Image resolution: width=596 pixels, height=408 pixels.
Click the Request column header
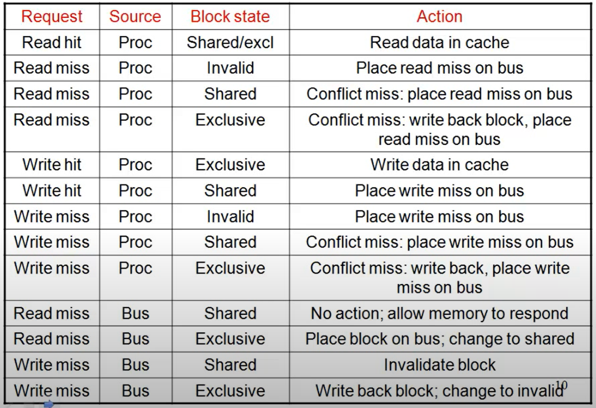coord(52,17)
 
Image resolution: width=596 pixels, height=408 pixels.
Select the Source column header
coord(135,16)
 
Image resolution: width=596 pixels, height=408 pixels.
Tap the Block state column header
coord(230,16)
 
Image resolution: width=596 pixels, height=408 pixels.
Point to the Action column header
coord(439,16)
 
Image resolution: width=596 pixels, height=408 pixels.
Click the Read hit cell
coord(52,43)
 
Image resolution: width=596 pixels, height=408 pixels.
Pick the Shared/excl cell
coord(230,43)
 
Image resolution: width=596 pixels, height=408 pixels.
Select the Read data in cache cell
coord(439,43)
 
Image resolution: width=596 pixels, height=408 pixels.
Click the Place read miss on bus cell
coord(439,68)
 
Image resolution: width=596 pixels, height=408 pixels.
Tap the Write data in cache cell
coord(439,165)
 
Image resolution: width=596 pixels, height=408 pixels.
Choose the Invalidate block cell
coord(439,365)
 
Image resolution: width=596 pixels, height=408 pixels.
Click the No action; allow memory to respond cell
coord(439,314)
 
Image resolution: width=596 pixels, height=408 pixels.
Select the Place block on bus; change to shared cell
coord(439,339)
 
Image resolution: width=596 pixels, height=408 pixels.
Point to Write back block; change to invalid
coord(439,391)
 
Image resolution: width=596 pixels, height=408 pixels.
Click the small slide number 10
coord(561,385)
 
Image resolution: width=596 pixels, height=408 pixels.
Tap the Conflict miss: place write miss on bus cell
coord(439,242)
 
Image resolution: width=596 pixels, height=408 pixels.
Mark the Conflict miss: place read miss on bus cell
coord(439,94)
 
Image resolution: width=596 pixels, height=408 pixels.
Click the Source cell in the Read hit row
coord(135,43)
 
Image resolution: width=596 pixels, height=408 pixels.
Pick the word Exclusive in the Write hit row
coord(230,165)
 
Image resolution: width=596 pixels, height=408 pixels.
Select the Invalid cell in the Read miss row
coord(230,68)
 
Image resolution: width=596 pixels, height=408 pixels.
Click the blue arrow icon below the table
coord(49,404)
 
